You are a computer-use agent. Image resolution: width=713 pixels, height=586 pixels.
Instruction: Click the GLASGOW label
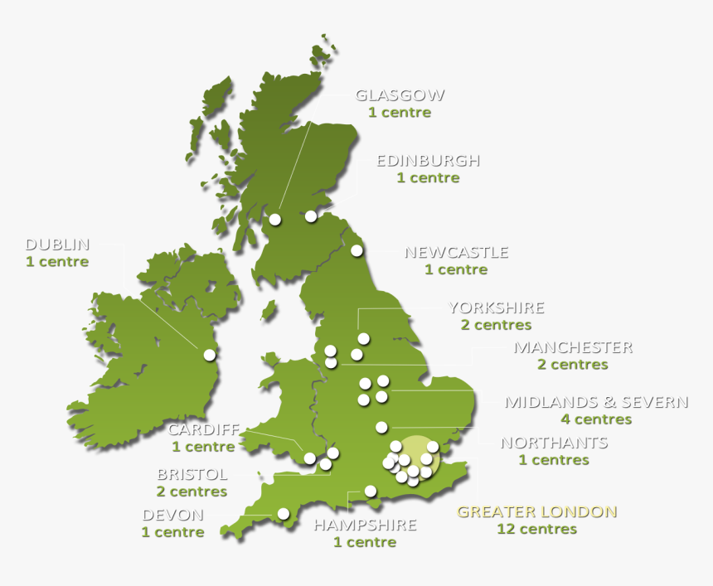tap(400, 95)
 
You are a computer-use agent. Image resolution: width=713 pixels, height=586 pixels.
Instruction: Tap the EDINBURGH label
tap(428, 161)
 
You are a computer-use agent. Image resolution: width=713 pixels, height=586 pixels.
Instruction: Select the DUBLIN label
tap(57, 245)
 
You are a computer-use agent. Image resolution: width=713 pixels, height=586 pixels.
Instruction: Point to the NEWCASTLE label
tap(456, 252)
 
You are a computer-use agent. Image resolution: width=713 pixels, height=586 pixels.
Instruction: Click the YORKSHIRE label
tap(496, 308)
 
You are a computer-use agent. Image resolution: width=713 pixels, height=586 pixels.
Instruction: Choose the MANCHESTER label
tap(573, 347)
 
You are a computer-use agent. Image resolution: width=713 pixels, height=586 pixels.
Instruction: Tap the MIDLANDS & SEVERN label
tap(596, 402)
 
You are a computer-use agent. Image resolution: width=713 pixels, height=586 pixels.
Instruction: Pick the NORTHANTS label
tap(554, 443)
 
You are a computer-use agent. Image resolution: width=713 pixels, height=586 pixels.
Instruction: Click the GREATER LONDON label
tap(536, 511)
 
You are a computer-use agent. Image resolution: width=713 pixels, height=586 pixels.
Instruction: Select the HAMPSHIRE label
tap(365, 525)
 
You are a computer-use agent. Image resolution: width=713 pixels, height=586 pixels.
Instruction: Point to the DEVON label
tap(173, 515)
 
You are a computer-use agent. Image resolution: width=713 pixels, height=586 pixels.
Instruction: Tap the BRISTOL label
tap(192, 475)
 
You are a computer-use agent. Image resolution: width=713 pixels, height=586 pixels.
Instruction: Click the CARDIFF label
tap(203, 429)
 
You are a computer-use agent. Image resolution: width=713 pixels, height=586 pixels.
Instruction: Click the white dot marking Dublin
tap(209, 355)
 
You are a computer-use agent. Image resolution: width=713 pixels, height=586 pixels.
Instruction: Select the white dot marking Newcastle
tap(356, 250)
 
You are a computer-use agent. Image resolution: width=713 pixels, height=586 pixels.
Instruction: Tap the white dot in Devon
tap(283, 514)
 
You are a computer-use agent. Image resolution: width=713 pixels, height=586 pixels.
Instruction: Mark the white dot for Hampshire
tap(371, 491)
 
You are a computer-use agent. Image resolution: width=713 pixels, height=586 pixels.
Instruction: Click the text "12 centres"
tap(536, 529)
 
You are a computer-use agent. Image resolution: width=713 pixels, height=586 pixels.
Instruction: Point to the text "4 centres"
tap(596, 419)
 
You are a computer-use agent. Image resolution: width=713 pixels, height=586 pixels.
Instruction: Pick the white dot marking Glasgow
tap(274, 220)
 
